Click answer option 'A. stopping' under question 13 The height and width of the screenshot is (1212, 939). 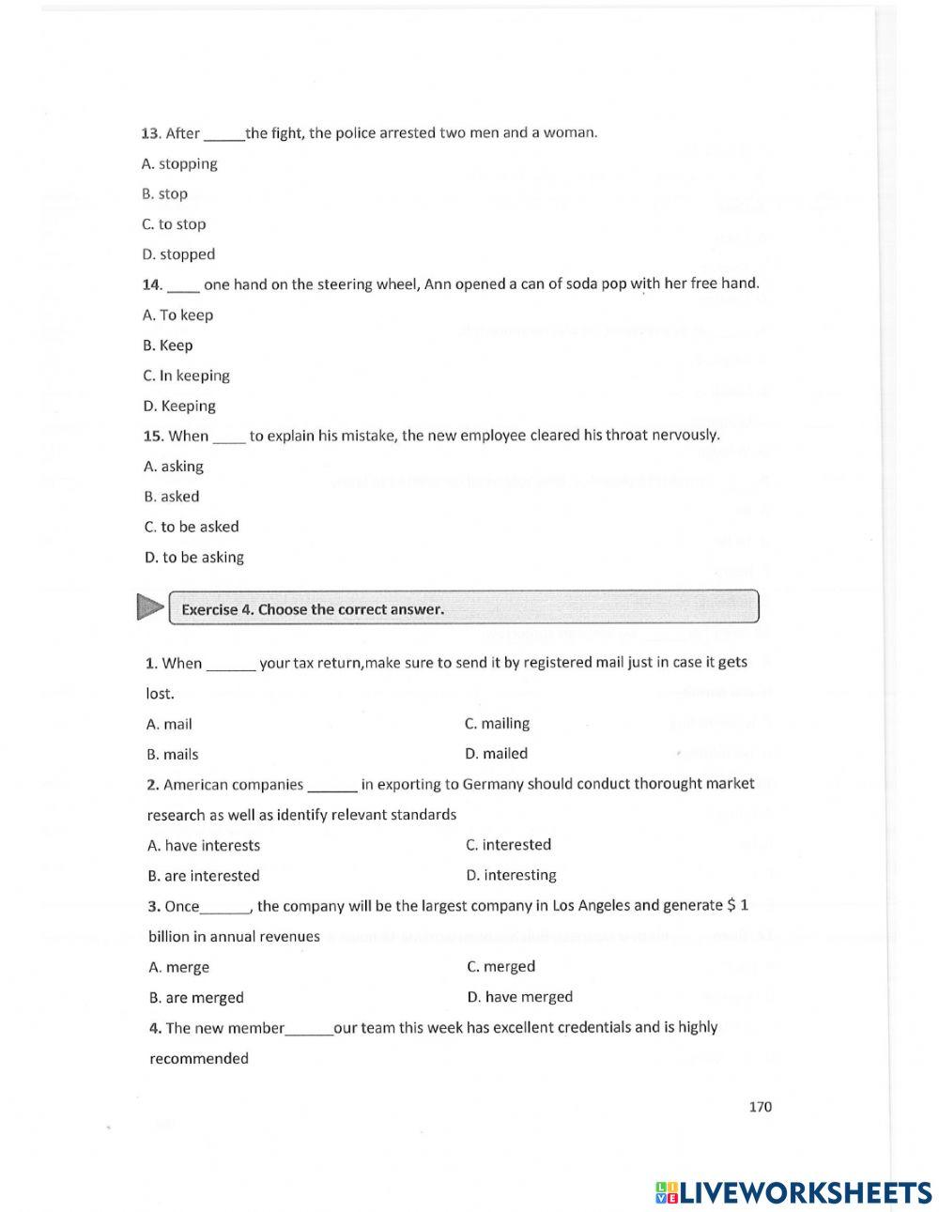(179, 163)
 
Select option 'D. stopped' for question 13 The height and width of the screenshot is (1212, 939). (178, 254)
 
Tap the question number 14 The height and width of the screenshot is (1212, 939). (152, 284)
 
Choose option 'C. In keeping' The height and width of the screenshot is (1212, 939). (186, 376)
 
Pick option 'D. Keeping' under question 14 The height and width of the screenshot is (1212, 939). (179, 407)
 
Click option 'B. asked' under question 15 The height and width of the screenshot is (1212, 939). (172, 497)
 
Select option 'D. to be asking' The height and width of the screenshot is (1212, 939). (193, 558)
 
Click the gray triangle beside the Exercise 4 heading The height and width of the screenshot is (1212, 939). (149, 607)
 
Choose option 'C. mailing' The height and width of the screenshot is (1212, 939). (497, 724)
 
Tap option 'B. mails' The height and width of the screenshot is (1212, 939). (173, 755)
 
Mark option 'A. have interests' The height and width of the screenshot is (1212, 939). (204, 846)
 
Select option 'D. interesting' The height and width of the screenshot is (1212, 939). (511, 875)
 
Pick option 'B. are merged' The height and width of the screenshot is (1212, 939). (196, 998)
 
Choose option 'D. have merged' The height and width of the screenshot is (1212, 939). (519, 997)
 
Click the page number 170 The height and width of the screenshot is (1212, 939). (761, 1107)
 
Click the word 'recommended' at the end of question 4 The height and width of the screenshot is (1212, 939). (199, 1059)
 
